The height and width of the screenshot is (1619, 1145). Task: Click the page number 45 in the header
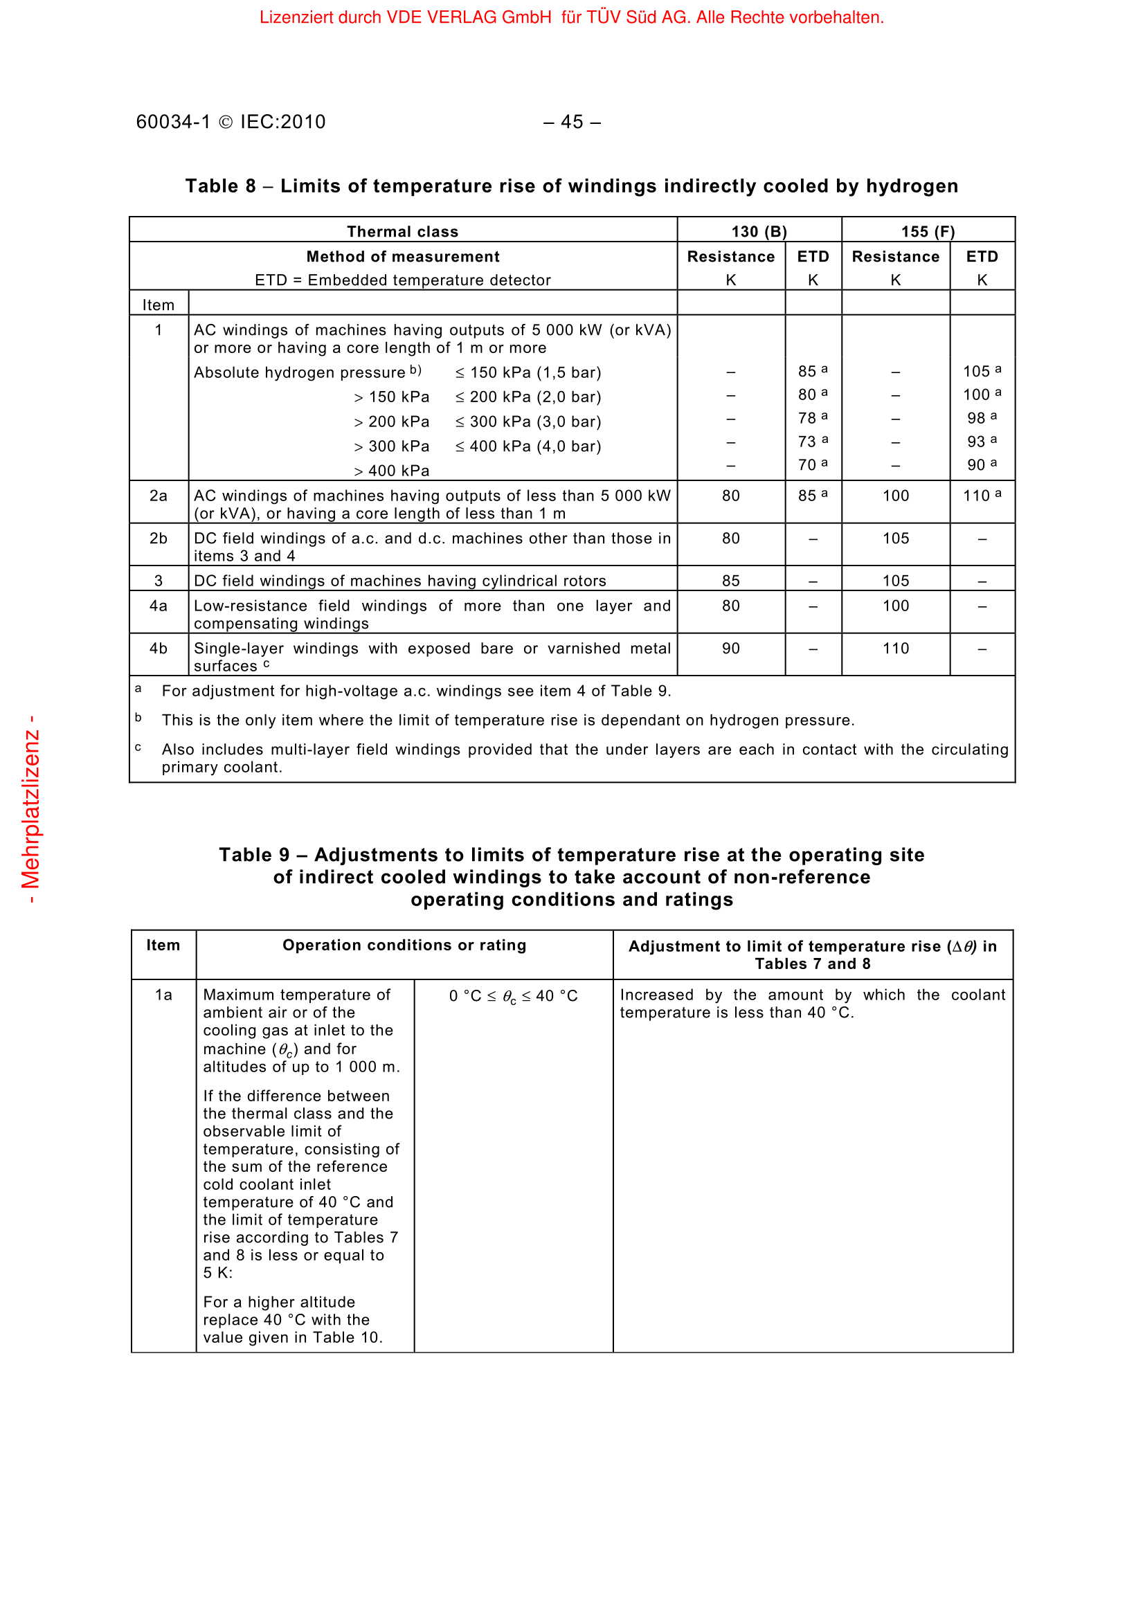572,122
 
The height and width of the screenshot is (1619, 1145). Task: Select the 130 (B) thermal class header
759,231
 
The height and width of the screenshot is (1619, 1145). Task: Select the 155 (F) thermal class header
927,231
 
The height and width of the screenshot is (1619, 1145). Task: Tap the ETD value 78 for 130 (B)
807,418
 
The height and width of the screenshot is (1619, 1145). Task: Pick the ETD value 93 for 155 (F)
977,442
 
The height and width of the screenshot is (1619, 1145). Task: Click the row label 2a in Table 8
159,496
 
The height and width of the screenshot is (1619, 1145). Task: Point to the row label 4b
159,648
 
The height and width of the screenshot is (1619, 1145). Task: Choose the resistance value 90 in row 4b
730,648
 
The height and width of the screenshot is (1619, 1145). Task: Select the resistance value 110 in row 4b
895,648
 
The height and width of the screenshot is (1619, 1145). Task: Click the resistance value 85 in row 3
730,580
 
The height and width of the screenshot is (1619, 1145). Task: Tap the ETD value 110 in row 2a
977,496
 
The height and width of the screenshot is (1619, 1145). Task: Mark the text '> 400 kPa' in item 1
392,470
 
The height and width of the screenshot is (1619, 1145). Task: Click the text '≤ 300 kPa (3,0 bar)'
528,422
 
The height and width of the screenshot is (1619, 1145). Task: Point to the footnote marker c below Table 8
138,748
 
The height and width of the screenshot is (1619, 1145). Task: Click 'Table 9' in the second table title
254,855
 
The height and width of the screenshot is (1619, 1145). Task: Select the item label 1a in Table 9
163,995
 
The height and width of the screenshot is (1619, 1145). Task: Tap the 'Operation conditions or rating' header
404,945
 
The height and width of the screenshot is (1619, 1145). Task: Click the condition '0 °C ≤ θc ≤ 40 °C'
513,995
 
